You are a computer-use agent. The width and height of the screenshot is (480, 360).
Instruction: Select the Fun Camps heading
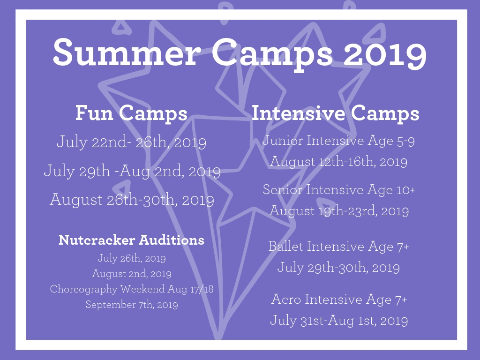[131, 113]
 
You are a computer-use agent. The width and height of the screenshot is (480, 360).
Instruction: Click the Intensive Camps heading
[336, 113]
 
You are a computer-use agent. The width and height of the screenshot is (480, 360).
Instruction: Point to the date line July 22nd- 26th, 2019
[131, 142]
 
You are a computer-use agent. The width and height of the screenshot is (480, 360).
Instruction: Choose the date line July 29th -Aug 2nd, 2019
[132, 171]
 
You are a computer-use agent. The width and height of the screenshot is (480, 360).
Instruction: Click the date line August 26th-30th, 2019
[132, 200]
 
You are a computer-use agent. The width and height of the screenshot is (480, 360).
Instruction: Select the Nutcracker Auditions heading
[131, 240]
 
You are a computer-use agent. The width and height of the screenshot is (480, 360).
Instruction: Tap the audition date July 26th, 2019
[132, 258]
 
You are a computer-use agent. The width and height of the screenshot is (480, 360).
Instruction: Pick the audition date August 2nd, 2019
[132, 273]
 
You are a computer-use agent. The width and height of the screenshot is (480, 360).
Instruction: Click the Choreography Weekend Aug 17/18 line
[132, 289]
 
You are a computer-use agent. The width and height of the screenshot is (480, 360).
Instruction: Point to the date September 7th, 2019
[132, 305]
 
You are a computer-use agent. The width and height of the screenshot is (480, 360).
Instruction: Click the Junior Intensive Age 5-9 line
[338, 141]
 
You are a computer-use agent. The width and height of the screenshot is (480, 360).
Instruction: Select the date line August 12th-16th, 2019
[338, 162]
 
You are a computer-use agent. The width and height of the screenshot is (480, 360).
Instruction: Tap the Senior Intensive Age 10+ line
[339, 189]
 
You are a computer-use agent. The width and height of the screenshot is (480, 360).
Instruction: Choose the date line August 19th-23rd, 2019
[339, 211]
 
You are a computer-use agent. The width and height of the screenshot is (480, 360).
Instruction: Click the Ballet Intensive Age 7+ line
[338, 247]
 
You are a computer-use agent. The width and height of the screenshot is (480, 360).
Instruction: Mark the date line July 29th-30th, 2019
[338, 268]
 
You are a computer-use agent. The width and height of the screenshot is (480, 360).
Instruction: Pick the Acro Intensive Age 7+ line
[339, 300]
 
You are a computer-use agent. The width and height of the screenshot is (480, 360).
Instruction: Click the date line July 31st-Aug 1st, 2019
[339, 321]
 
